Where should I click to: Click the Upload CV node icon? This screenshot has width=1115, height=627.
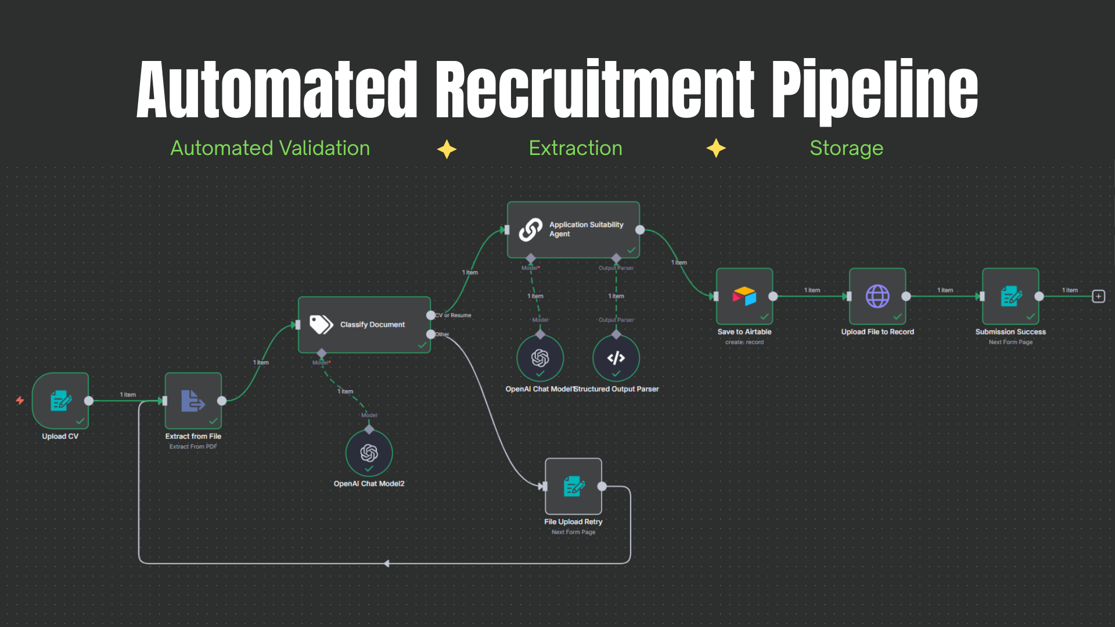click(60, 401)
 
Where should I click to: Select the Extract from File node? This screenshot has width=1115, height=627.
click(193, 401)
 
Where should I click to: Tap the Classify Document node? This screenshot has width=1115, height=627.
click(364, 325)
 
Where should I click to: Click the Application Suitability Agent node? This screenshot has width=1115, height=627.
click(573, 230)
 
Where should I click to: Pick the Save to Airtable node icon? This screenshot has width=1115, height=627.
click(744, 296)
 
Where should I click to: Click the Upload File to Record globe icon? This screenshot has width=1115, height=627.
click(877, 296)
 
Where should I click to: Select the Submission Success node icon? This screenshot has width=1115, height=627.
click(1010, 296)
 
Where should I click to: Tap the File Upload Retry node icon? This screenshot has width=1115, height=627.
click(573, 486)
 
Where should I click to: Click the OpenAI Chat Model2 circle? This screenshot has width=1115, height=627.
click(369, 453)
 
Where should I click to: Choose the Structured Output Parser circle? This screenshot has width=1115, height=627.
click(616, 358)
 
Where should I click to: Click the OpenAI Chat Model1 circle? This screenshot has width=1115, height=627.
click(540, 358)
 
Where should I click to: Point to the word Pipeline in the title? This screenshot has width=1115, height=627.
click(875, 90)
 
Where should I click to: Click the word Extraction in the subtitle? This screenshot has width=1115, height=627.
click(576, 149)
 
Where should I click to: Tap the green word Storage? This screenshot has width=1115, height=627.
click(846, 149)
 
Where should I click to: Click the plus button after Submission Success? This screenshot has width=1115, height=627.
click(1098, 296)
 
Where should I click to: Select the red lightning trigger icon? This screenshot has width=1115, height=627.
click(20, 400)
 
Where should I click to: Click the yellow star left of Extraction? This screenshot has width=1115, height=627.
click(447, 149)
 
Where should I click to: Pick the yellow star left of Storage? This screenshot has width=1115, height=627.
click(716, 149)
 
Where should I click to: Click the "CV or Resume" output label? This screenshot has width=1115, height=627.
click(454, 315)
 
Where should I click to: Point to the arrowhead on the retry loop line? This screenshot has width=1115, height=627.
click(387, 563)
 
